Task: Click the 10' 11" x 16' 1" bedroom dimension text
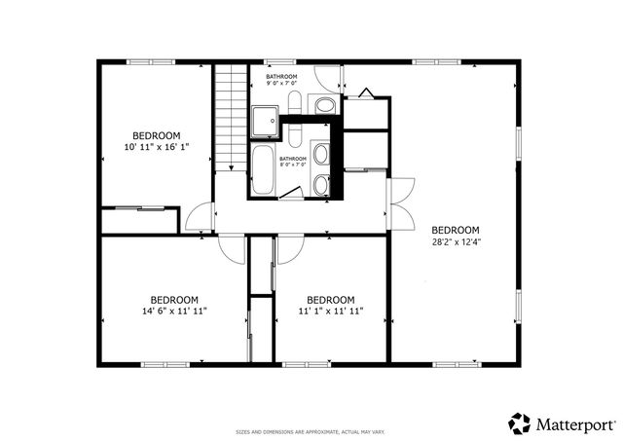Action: tap(156, 147)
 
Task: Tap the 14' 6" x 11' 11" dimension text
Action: tap(174, 312)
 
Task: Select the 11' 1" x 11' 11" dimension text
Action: tap(330, 312)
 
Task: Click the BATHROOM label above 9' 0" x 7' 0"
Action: tap(281, 76)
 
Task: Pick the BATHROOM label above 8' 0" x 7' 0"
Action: tap(293, 158)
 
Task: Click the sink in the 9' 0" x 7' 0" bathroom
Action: tap(325, 104)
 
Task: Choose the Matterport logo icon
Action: tap(518, 423)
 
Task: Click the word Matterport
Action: tap(574, 424)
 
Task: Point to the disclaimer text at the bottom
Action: tap(311, 431)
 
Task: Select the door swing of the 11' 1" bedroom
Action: tap(288, 247)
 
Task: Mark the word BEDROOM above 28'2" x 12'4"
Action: tap(456, 230)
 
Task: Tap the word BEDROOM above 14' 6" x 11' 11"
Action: tap(174, 300)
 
